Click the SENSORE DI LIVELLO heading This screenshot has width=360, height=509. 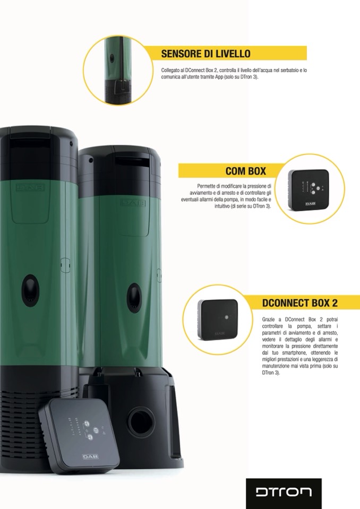pos(205,54)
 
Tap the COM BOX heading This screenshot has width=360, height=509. pos(246,171)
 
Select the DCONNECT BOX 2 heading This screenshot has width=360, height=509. pos(299,303)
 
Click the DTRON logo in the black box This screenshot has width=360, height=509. pos(284,491)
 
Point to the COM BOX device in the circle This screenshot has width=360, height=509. pos(308,189)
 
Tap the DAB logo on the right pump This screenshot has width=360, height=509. pos(133,203)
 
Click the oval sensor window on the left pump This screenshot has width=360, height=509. pos(30,290)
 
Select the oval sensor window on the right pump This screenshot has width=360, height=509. pos(134,298)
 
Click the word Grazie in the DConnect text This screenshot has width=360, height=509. pos(268,320)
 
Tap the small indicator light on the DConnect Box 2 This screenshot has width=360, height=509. pos(227,317)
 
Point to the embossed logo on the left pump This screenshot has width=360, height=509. pos(30,188)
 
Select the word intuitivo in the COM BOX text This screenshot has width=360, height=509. pos(222,206)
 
